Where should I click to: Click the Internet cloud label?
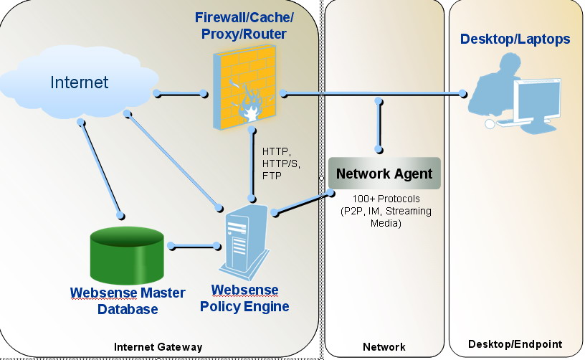pyautogui.click(x=79, y=82)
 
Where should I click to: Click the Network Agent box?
pyautogui.click(x=384, y=174)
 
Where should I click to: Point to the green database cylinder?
pyautogui.click(x=127, y=256)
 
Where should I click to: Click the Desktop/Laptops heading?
pyautogui.click(x=515, y=39)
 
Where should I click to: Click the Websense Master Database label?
pyautogui.click(x=128, y=301)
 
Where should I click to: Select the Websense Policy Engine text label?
pyautogui.click(x=249, y=299)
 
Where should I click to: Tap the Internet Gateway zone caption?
pyautogui.click(x=158, y=347)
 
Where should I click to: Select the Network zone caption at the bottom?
pyautogui.click(x=384, y=347)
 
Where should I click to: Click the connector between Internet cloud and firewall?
pyautogui.click(x=179, y=93)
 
